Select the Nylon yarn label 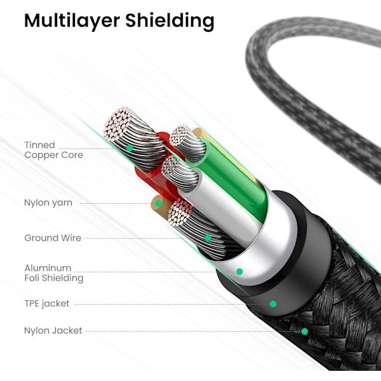click(48, 203)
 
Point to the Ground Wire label click(53, 238)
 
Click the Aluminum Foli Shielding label click(53, 273)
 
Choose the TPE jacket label click(47, 304)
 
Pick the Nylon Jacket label click(53, 331)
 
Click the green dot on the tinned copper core click(130, 148)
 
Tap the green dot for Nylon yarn click(158, 203)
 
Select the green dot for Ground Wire click(208, 238)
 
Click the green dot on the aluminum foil click(239, 272)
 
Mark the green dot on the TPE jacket click(273, 304)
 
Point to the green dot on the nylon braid click(305, 331)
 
